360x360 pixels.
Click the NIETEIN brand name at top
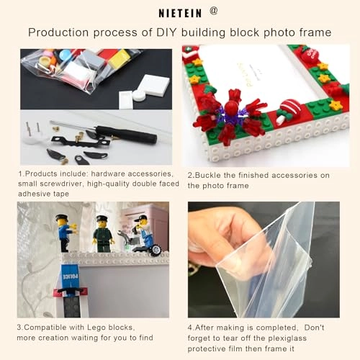pos(180,13)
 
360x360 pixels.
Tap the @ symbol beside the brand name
pos(214,11)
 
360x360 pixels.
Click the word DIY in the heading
pos(167,32)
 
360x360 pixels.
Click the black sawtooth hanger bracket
pos(81,142)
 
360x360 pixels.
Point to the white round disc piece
pos(140,95)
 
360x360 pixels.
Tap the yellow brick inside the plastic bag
pos(119,58)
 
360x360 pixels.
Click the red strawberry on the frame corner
pos(311,54)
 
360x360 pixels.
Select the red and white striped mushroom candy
pos(287,110)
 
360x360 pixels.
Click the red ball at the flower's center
pos(230,107)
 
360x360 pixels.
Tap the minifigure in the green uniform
pos(103,234)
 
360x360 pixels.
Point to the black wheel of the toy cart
pos(156,250)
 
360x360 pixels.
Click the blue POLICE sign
pos(70,276)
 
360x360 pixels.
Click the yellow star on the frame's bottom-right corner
pos(336,104)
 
